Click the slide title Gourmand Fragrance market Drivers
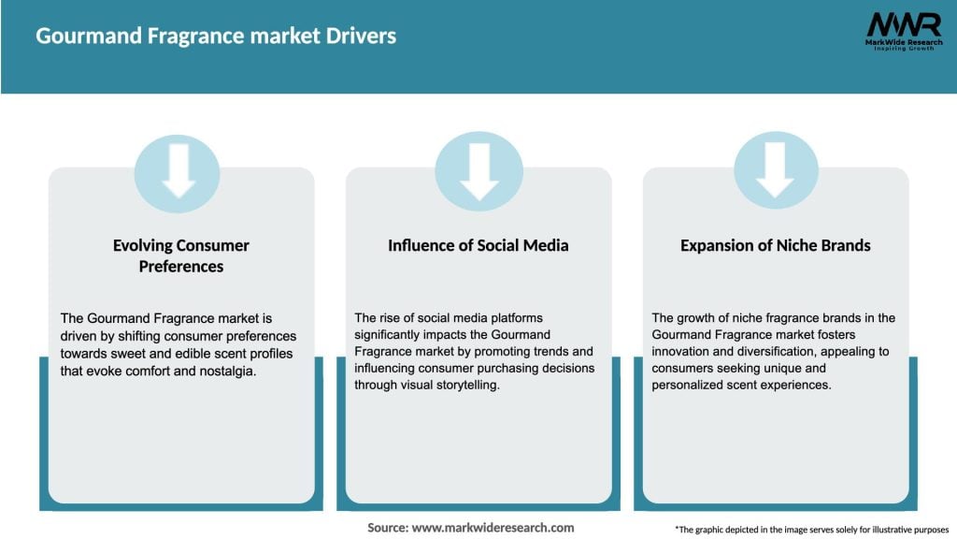[216, 36]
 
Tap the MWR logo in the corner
[903, 24]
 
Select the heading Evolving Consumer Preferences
[181, 255]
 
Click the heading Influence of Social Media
[478, 245]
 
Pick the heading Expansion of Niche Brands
[775, 245]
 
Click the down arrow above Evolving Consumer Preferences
[178, 171]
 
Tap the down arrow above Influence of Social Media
[478, 171]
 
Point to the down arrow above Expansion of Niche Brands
[775, 171]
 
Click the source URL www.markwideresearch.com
[493, 528]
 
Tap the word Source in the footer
[386, 528]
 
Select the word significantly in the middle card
[391, 335]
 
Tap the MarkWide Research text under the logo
[902, 42]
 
